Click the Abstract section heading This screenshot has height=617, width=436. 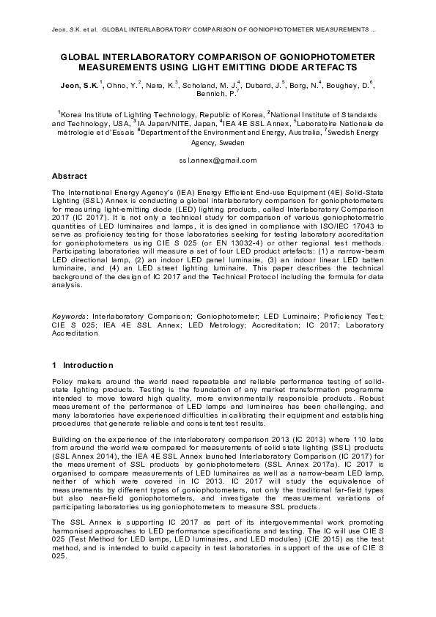(x=70, y=177)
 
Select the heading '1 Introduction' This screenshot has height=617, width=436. (x=82, y=365)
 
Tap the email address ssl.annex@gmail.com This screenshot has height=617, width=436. (x=218, y=160)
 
